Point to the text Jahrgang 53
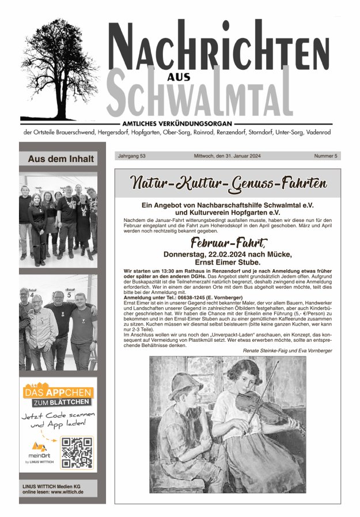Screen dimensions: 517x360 click(x=131, y=156)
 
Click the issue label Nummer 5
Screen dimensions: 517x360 click(x=325, y=156)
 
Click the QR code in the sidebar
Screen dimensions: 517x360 click(x=77, y=452)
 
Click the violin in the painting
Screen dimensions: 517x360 click(x=262, y=406)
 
